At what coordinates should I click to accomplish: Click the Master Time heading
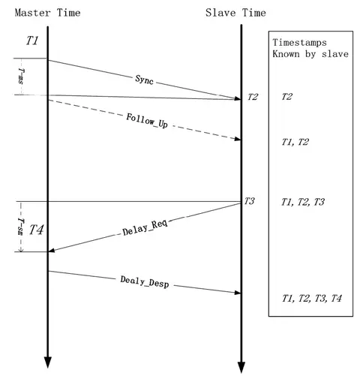coord(47,13)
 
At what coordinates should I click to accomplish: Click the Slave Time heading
coord(235,13)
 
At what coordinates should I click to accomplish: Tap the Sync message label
coord(144,80)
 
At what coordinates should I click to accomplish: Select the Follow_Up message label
coord(147,121)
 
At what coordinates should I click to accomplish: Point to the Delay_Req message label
coord(145,228)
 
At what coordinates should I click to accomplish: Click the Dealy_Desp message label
coord(145,282)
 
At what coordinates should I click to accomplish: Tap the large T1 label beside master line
coord(32,41)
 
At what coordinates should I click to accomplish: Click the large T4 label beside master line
coord(37,230)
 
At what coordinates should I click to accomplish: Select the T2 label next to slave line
coord(253,97)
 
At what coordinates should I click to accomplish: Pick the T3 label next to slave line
coord(249,201)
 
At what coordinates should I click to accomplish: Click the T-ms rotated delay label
coord(21,77)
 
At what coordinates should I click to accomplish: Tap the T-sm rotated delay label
coord(21,227)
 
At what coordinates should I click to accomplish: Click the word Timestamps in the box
coord(299,43)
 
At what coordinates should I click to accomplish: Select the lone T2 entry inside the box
coord(287,97)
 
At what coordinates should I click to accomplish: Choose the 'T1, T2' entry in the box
coord(295,142)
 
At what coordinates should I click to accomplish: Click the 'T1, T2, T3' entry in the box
coord(303,202)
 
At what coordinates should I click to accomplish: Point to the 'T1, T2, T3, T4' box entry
coord(312,298)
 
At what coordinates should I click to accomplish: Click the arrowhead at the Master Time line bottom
coord(47,362)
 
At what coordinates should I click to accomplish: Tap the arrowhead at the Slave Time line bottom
coord(241,367)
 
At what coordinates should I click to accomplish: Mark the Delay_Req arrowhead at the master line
coord(52,250)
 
